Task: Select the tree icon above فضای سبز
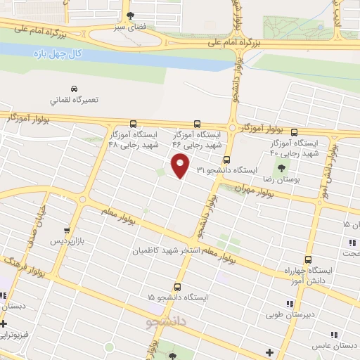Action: (129, 14)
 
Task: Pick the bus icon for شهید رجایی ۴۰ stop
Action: (294, 132)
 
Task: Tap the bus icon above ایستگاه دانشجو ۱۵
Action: (176, 287)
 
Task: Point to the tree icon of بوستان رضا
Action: (283, 167)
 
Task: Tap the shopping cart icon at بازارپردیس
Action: (67, 230)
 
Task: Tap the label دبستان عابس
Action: (336, 346)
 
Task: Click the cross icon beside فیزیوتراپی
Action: (4, 324)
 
